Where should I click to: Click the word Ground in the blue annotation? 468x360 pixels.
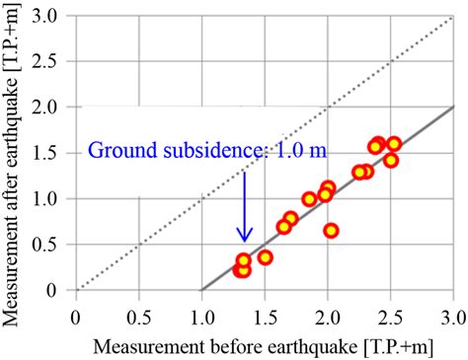click(119, 151)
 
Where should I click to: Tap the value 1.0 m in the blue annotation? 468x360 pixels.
click(302, 151)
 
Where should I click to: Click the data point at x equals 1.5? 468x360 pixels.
click(265, 257)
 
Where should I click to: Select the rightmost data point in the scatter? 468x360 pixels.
click(394, 144)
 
